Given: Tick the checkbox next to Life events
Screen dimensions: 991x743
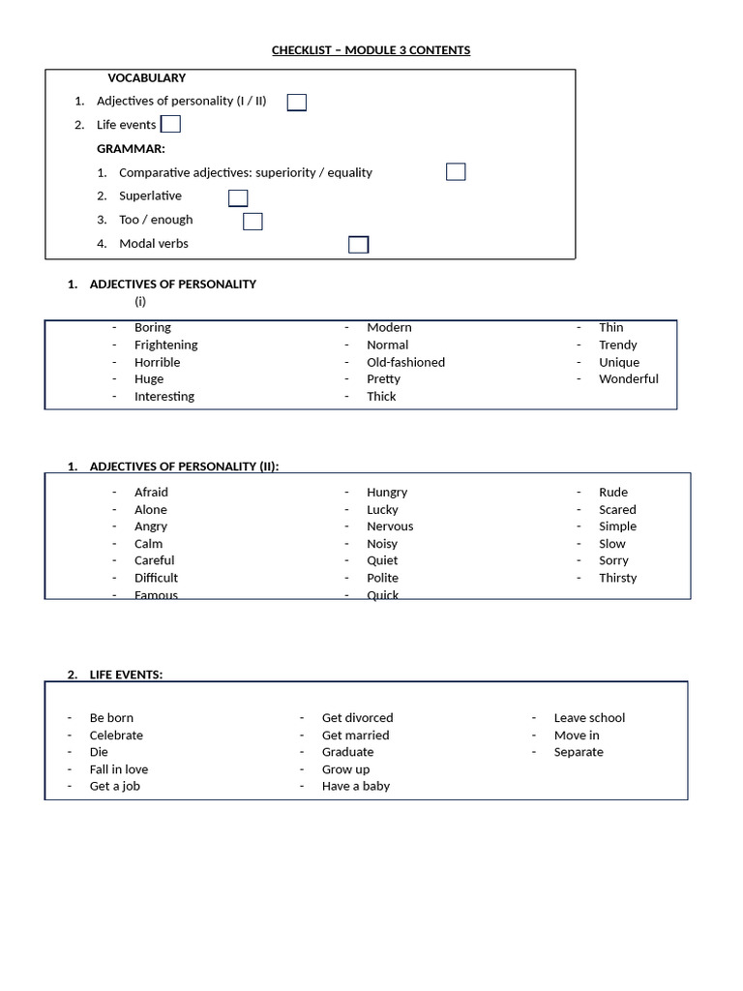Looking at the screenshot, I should tap(170, 124).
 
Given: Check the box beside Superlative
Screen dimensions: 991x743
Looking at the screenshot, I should tap(238, 198).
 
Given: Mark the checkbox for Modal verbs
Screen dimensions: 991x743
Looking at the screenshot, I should tap(358, 245).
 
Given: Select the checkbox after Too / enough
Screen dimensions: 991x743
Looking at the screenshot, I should tap(253, 222).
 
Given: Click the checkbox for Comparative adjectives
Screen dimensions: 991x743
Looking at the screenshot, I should tap(456, 172).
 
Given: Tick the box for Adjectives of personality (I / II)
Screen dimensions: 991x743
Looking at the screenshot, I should tap(297, 103).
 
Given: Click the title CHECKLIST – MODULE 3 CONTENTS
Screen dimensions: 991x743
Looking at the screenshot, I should tap(371, 50).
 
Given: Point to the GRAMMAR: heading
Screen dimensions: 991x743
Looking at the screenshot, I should tap(131, 149).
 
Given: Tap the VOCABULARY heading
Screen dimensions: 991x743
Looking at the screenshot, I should tap(147, 78).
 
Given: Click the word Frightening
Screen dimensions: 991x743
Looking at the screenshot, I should tap(165, 345).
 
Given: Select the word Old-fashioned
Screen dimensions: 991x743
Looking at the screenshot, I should tap(405, 362).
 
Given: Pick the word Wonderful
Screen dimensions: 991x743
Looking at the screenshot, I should tap(628, 378).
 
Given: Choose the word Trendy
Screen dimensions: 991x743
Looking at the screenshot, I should tap(617, 345).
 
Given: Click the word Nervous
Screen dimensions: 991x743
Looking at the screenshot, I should tap(390, 526).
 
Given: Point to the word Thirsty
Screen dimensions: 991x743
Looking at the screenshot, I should tap(617, 578).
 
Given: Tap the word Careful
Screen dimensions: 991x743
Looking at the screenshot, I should tap(155, 560).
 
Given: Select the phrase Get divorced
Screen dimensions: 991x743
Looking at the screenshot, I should tap(357, 718).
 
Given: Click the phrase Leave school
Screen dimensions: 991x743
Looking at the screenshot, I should tap(589, 718).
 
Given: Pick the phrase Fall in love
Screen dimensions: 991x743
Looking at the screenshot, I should tap(119, 769).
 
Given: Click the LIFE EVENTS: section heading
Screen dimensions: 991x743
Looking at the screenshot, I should tap(126, 675).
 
